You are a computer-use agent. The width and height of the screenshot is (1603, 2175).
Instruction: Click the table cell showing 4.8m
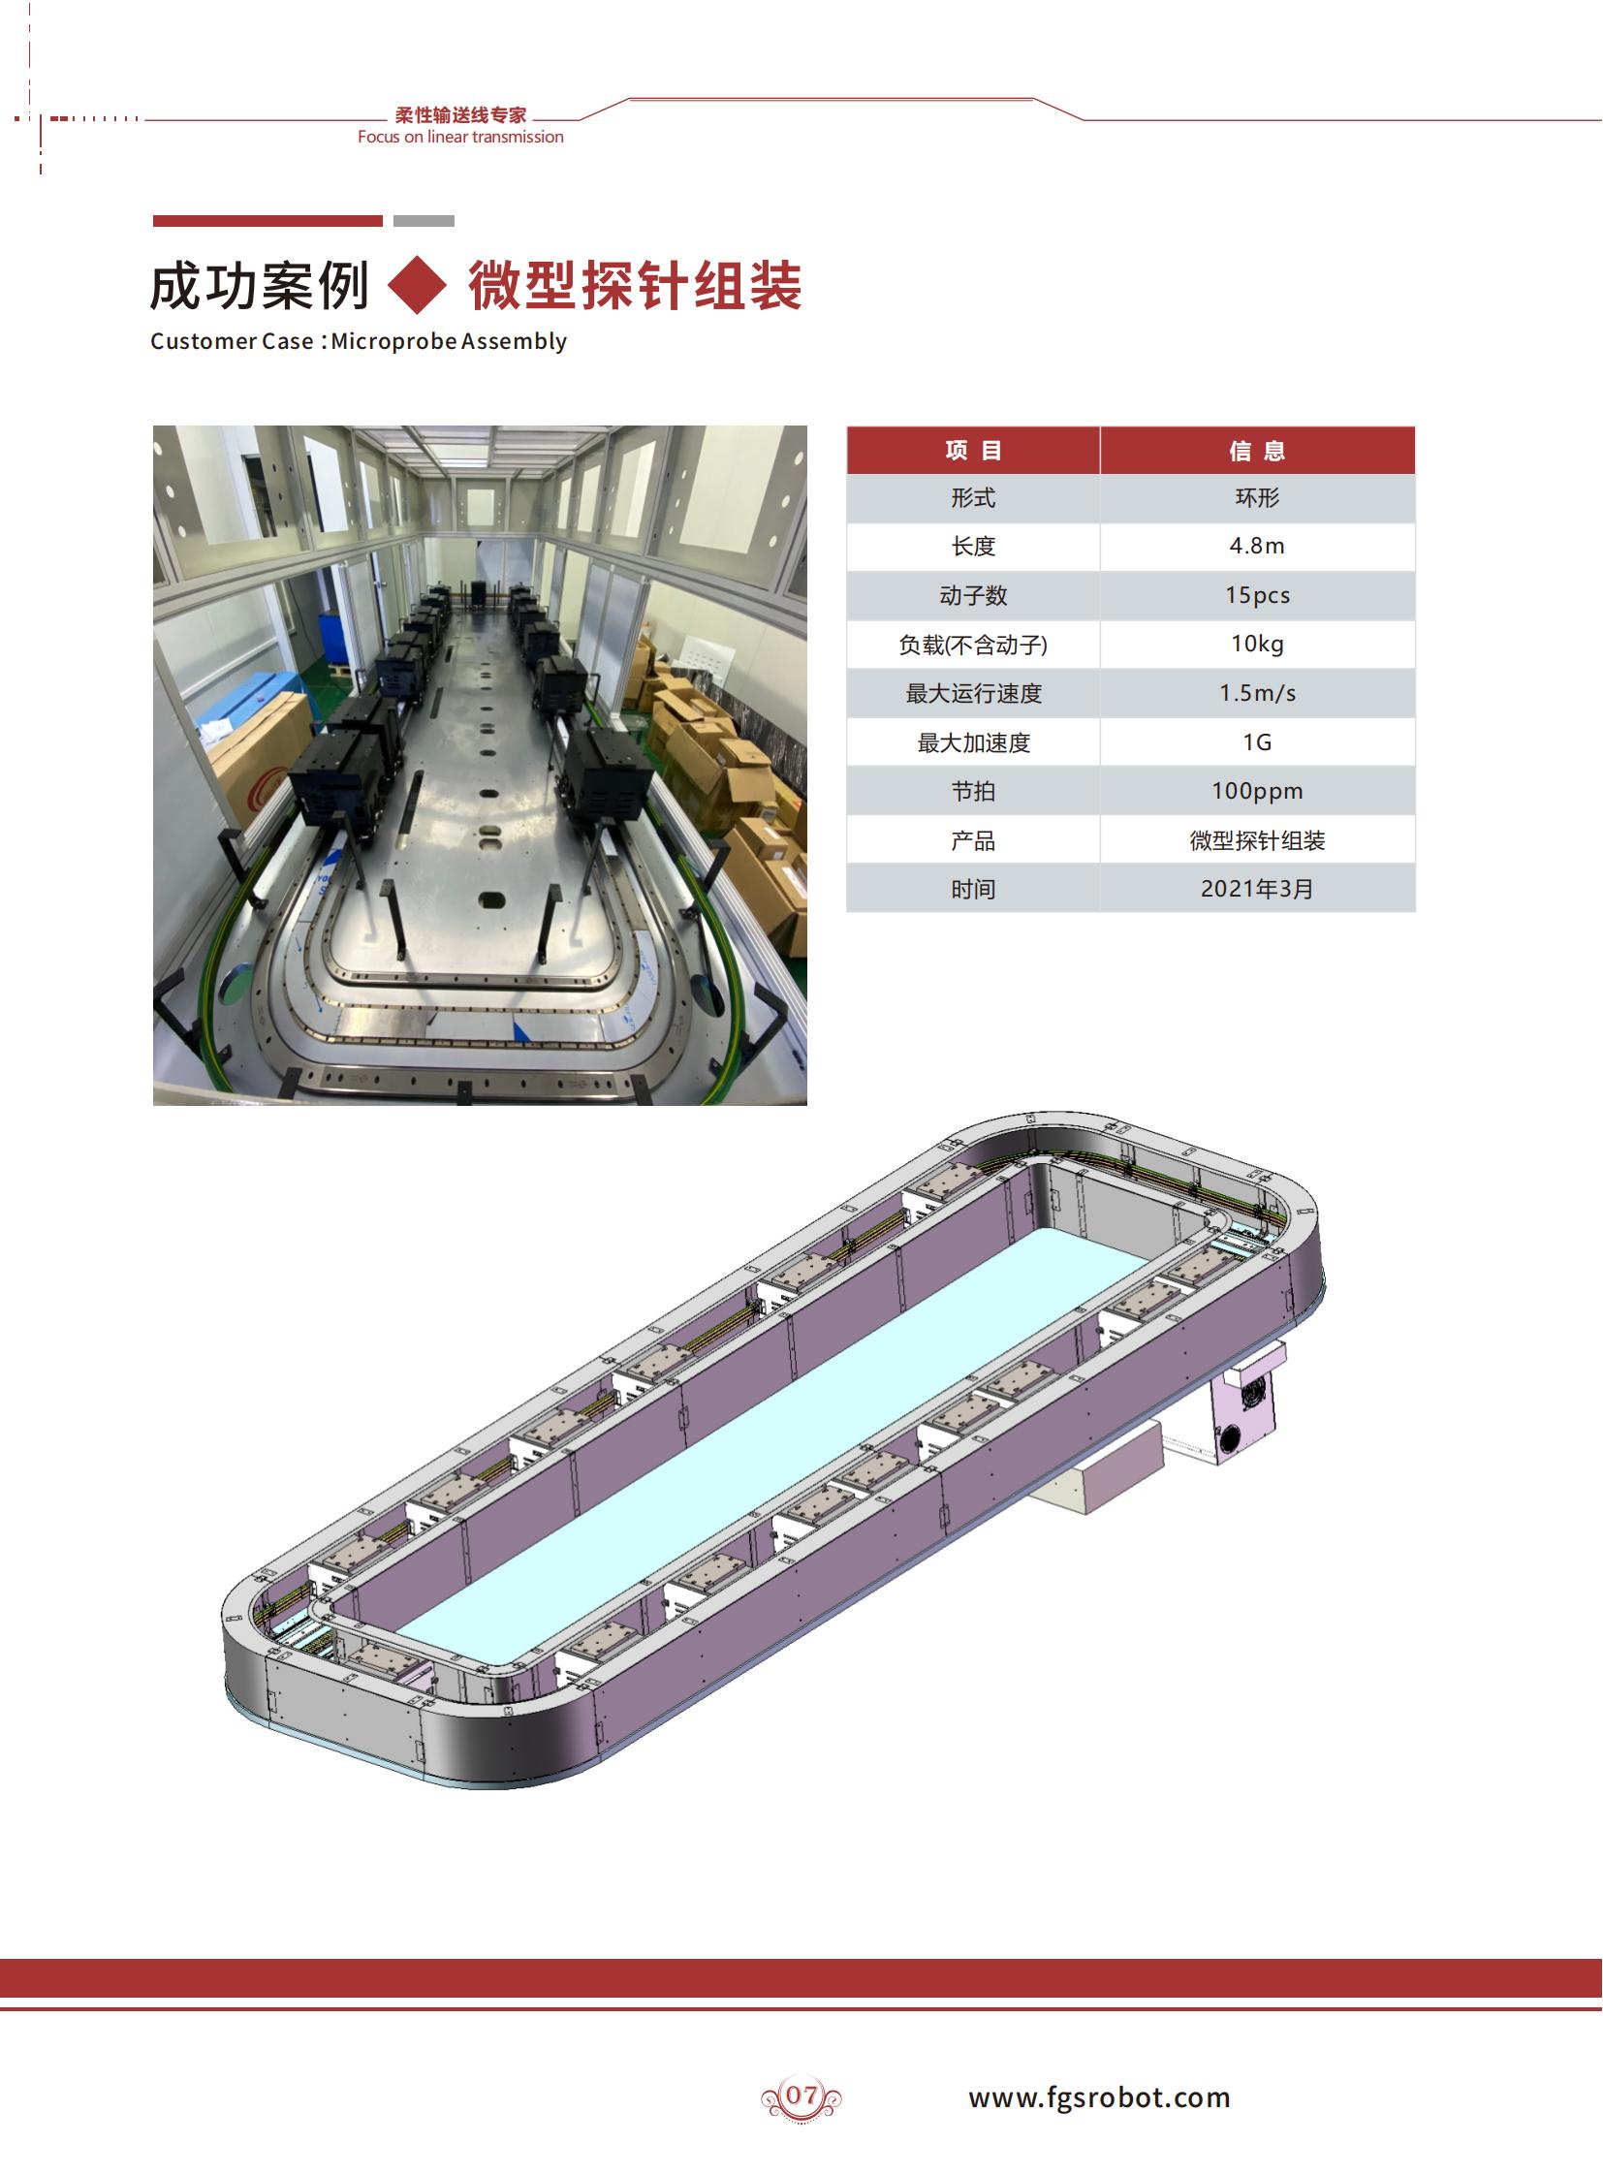tap(1257, 547)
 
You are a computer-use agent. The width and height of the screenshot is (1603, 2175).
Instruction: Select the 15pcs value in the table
tap(1257, 595)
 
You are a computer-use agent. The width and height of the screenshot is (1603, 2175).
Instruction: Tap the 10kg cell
tap(1257, 645)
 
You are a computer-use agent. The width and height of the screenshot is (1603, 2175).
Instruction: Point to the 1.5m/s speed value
tap(1257, 693)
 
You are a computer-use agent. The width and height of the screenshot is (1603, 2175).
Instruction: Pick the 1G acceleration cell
tap(1257, 742)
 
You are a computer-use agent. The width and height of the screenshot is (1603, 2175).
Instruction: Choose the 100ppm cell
tap(1257, 791)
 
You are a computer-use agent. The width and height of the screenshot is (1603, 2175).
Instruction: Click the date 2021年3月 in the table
tap(1257, 889)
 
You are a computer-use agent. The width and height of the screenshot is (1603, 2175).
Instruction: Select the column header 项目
tap(973, 451)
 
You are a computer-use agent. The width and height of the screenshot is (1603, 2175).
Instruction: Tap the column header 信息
tap(1257, 451)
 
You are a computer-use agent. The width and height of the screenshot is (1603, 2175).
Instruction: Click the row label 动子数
tap(973, 596)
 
